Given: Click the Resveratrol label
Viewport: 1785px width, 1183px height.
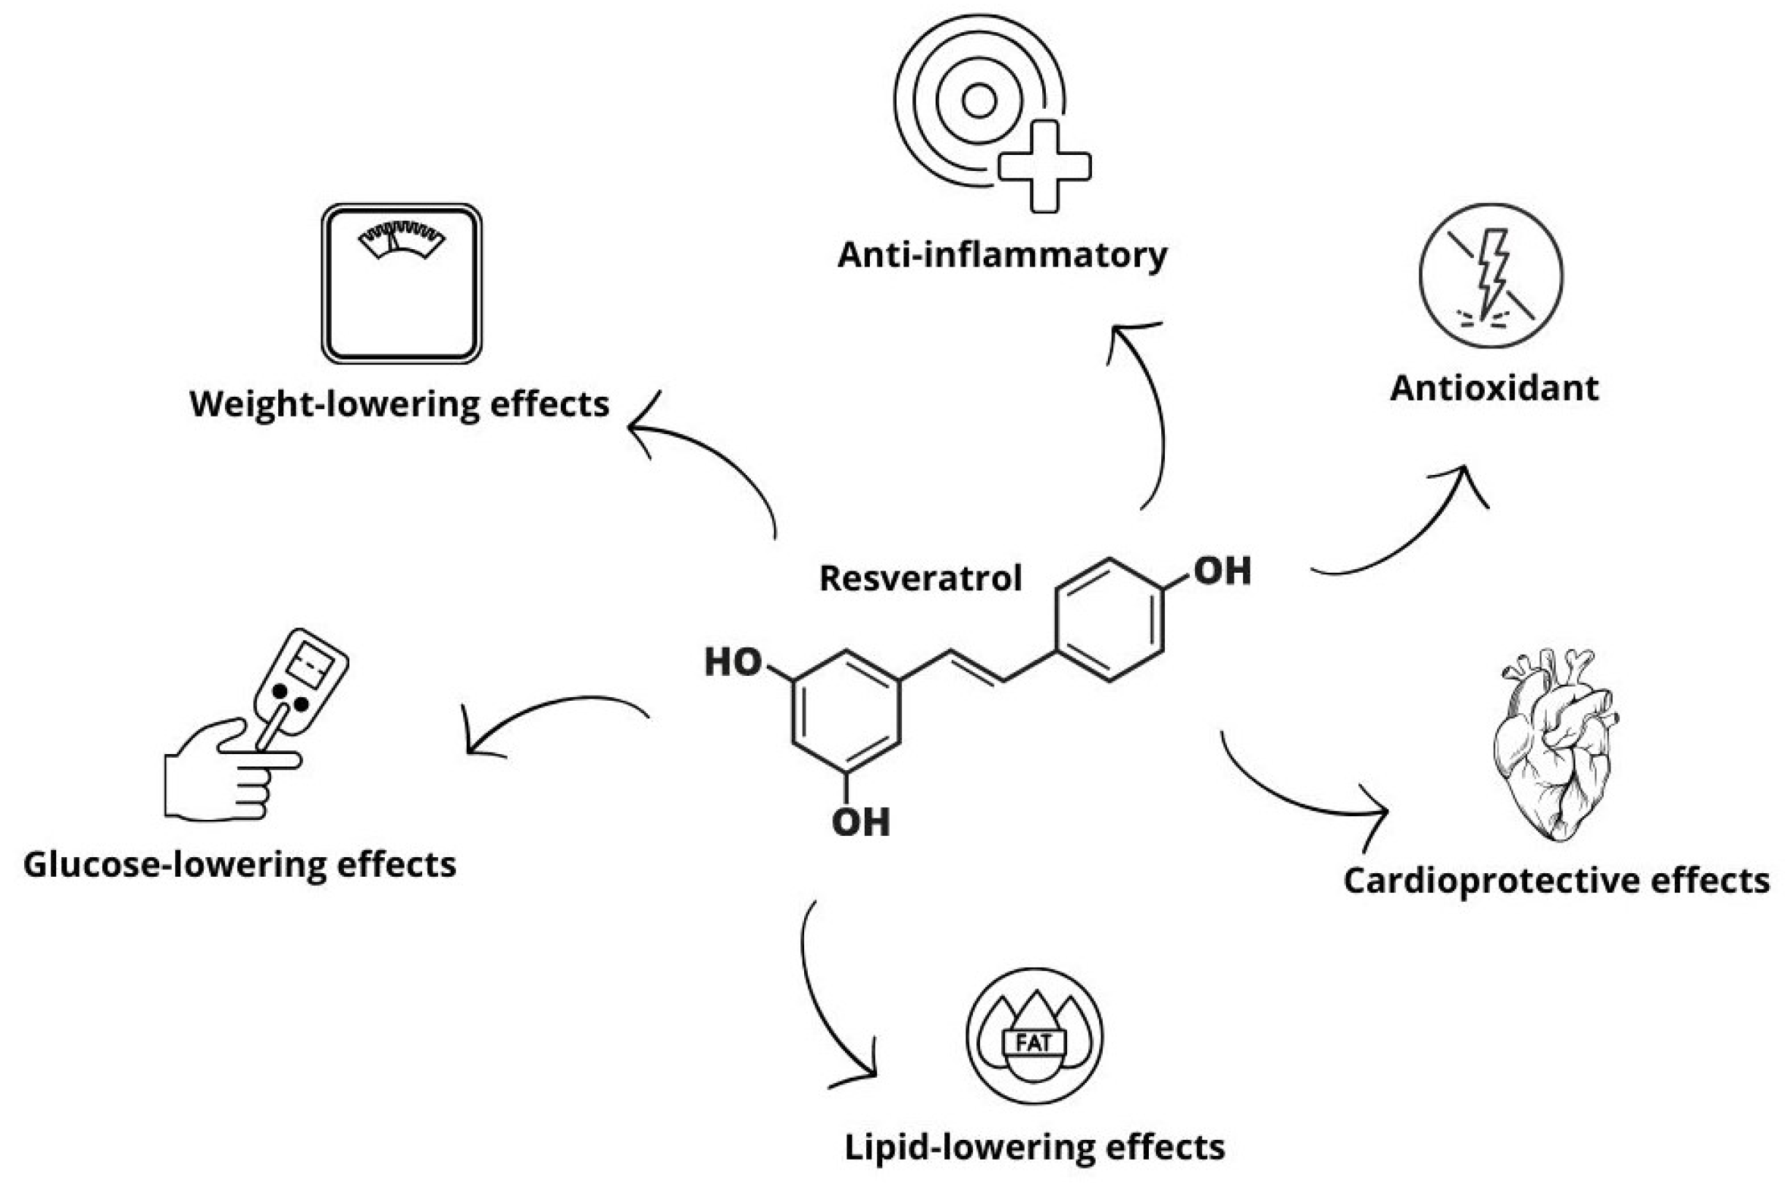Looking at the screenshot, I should [920, 579].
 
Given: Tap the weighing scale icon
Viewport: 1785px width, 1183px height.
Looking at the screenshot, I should [401, 284].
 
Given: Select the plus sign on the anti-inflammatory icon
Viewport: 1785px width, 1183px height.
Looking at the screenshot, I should [1044, 167].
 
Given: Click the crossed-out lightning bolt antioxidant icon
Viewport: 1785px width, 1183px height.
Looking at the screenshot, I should [1491, 275].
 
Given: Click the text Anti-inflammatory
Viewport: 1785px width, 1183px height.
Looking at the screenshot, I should [1002, 255].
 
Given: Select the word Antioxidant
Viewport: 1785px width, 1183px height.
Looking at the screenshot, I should [1494, 389].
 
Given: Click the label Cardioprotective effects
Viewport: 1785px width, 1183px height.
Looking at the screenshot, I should [1556, 880].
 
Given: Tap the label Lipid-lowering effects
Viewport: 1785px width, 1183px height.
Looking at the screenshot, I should [1034, 1147].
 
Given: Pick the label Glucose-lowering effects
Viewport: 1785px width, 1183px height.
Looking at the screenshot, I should [240, 864].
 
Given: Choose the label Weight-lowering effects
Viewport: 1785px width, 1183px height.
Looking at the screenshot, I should [399, 403].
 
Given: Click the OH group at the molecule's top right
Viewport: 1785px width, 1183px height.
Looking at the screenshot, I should [1222, 571].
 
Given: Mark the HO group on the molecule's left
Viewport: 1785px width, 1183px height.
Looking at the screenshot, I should [732, 662].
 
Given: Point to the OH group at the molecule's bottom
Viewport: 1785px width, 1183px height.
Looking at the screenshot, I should [860, 821].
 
